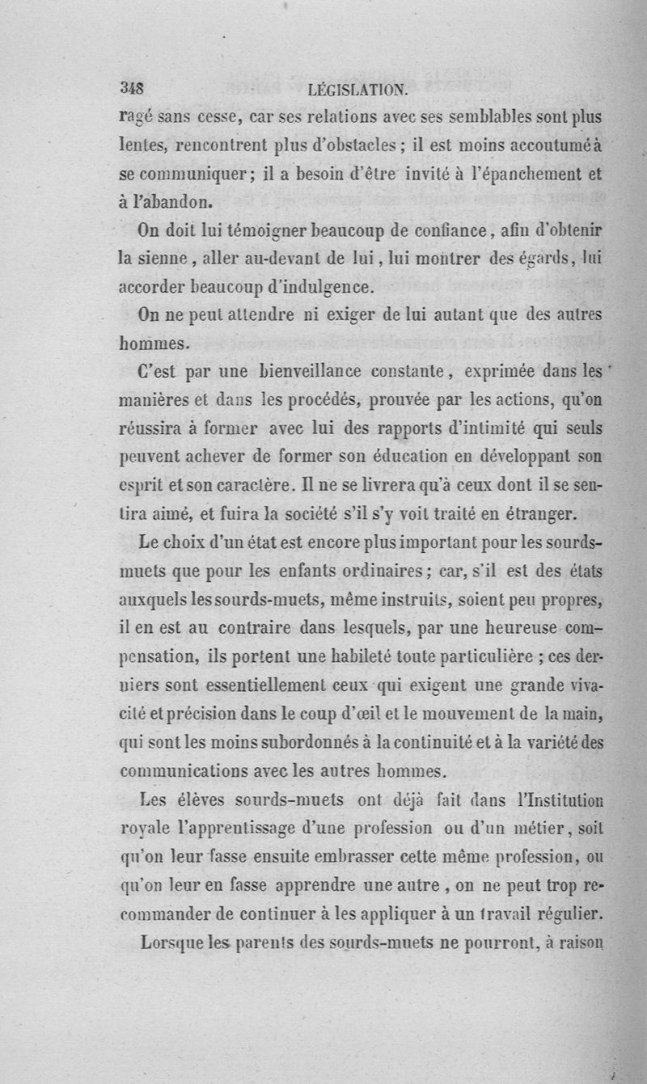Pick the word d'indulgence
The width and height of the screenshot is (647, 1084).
(312, 287)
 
